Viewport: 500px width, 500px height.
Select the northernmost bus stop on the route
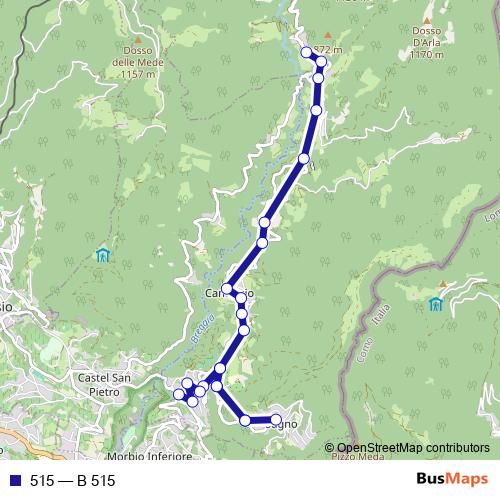coord(306,52)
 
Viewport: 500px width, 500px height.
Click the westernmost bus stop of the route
coord(180,395)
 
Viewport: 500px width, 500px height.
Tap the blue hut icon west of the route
coord(102,254)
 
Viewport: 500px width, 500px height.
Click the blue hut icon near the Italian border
coord(435,303)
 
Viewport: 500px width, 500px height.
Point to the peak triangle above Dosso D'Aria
coord(426,19)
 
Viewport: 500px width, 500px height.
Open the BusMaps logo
coord(451,480)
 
